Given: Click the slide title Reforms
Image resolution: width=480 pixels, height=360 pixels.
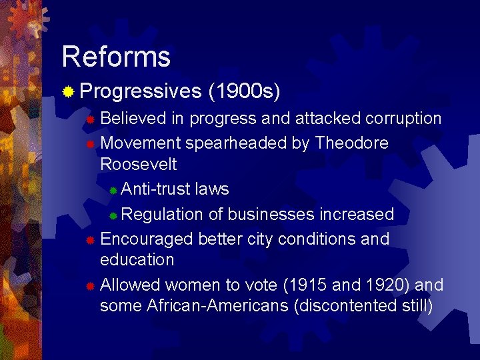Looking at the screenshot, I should pos(116,57).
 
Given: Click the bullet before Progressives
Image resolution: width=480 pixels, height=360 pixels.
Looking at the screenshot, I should pos(68,91).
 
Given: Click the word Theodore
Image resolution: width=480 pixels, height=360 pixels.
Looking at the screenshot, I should pos(351,143).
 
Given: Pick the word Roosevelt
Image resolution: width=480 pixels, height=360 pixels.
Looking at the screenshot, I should pos(138,165).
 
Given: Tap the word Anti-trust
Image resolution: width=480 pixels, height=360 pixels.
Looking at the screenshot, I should pos(156,189).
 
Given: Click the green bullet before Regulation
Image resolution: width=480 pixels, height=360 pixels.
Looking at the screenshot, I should pos(114,215).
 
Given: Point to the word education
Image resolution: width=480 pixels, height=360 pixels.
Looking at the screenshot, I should pos(137,259).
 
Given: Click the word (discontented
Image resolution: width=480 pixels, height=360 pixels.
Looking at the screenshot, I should pos(352,306).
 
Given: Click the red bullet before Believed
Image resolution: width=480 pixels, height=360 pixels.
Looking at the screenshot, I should pos(91,119).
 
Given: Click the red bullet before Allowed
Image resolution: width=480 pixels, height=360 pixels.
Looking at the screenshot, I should pos(91,286).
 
